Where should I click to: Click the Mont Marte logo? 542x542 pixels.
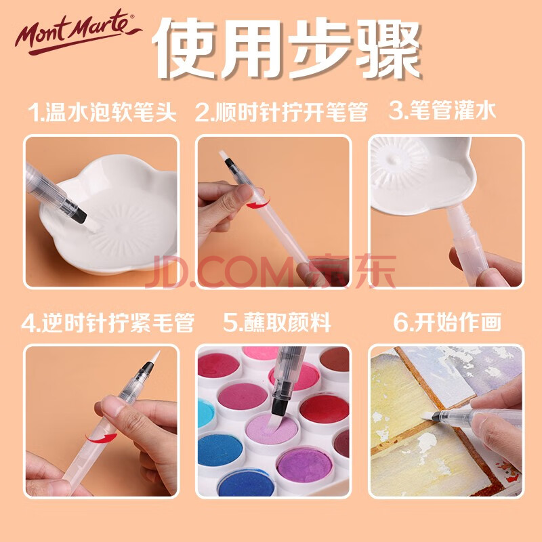point(78,31)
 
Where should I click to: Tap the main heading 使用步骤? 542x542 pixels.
point(286,47)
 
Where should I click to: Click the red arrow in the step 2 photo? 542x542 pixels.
point(258,204)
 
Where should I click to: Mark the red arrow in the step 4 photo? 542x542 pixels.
point(101,438)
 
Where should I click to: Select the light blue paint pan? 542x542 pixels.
point(205,413)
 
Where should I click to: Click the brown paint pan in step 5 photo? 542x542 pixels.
point(335,360)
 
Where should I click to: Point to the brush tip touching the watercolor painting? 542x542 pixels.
point(427,416)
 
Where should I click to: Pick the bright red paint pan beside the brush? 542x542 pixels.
point(324,409)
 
